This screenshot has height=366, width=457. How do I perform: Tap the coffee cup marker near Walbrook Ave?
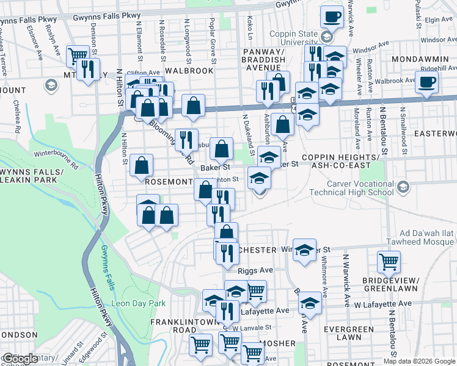[426, 81]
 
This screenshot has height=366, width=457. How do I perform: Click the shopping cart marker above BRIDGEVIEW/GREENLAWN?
[389, 262]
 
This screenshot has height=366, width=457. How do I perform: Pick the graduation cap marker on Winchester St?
[304, 249]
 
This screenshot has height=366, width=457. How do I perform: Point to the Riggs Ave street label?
[257, 269]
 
